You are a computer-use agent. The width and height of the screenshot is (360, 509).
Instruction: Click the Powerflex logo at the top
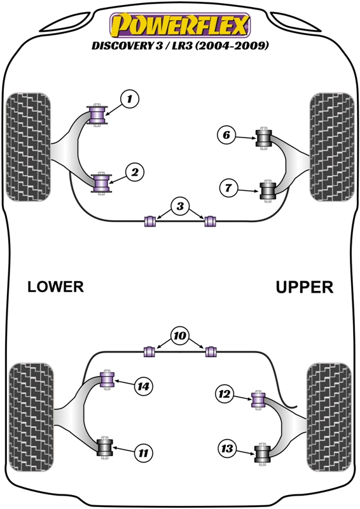tap(181, 25)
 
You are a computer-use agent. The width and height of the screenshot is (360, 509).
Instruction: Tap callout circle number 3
tap(180, 206)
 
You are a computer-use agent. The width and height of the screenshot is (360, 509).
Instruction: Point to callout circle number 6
tap(225, 135)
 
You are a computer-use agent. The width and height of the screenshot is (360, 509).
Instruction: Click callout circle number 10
tap(180, 335)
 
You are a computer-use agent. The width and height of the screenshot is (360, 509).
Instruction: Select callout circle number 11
tap(144, 453)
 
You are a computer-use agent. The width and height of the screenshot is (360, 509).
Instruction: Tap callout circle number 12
tap(224, 395)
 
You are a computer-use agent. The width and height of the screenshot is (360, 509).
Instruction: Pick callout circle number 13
tap(226, 449)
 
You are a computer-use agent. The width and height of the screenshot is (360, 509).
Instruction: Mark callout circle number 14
tap(144, 386)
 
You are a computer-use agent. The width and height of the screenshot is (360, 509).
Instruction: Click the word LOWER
tap(55, 287)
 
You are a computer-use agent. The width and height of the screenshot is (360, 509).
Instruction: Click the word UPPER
tap(304, 287)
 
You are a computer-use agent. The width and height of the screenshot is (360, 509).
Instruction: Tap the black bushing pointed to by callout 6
tap(263, 137)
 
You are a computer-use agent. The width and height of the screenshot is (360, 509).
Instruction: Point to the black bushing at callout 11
tap(104, 447)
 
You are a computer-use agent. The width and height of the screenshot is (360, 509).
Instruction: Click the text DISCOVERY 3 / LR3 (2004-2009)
tap(181, 47)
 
